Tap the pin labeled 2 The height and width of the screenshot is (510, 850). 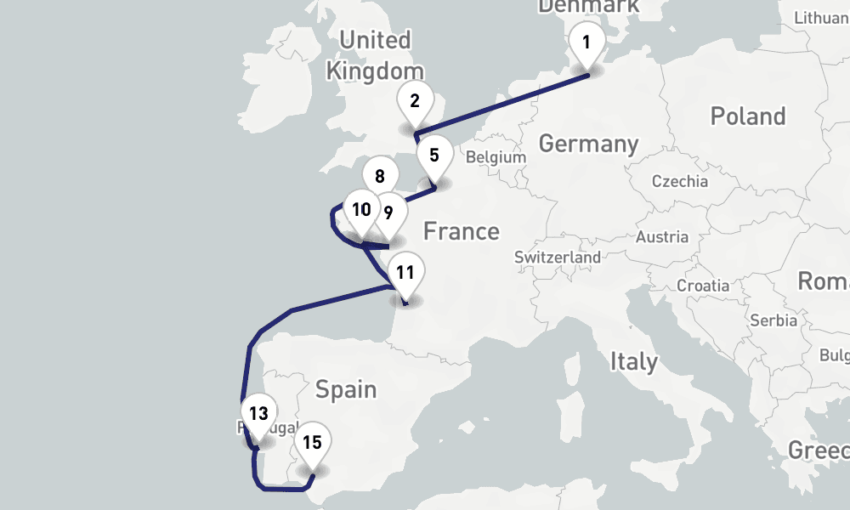pyautogui.click(x=415, y=102)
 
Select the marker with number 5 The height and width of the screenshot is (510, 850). pyautogui.click(x=434, y=156)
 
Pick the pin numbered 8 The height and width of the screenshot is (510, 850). pyautogui.click(x=379, y=177)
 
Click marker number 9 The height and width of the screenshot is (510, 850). pyautogui.click(x=389, y=212)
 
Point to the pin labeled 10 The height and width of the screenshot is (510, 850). pyautogui.click(x=361, y=209)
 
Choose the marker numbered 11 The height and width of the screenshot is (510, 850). pyautogui.click(x=405, y=274)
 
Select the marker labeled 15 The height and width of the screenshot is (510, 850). pyautogui.click(x=312, y=443)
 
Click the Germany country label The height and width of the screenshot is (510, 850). pyautogui.click(x=588, y=144)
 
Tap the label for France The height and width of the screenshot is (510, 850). pyautogui.click(x=462, y=231)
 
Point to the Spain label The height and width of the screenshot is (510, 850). pyautogui.click(x=346, y=390)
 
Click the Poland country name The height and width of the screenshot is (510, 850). pyautogui.click(x=748, y=116)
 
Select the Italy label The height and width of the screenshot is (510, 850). pyautogui.click(x=633, y=362)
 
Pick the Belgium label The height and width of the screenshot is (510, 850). pyautogui.click(x=496, y=157)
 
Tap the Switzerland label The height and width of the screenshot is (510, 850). pyautogui.click(x=558, y=257)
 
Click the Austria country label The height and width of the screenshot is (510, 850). pyautogui.click(x=661, y=237)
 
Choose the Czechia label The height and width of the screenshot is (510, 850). pyautogui.click(x=679, y=181)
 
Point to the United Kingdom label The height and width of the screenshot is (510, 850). pyautogui.click(x=375, y=55)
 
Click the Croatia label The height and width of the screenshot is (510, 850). pyautogui.click(x=702, y=286)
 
